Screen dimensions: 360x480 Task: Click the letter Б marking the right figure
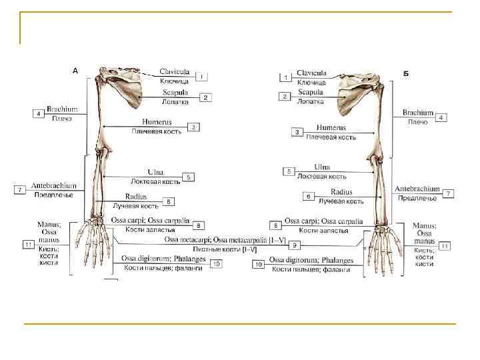pos(406,73)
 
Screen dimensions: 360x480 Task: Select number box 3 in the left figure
pos(193,127)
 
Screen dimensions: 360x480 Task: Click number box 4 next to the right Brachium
pos(441,117)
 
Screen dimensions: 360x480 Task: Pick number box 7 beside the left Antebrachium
pos(20,190)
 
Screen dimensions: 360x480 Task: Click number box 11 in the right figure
pos(444,245)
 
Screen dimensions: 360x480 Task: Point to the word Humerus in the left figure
pos(157,122)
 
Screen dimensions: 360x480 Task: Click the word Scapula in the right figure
pos(311,92)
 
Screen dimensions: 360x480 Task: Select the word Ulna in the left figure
pos(155,172)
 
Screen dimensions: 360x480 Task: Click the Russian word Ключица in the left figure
pos(175,81)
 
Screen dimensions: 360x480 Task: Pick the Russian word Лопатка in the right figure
pos(311,102)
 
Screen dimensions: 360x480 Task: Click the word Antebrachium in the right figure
pos(417,189)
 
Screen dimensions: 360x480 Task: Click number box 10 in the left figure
pos(216,264)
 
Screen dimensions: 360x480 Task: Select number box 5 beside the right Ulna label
pos(289,171)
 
